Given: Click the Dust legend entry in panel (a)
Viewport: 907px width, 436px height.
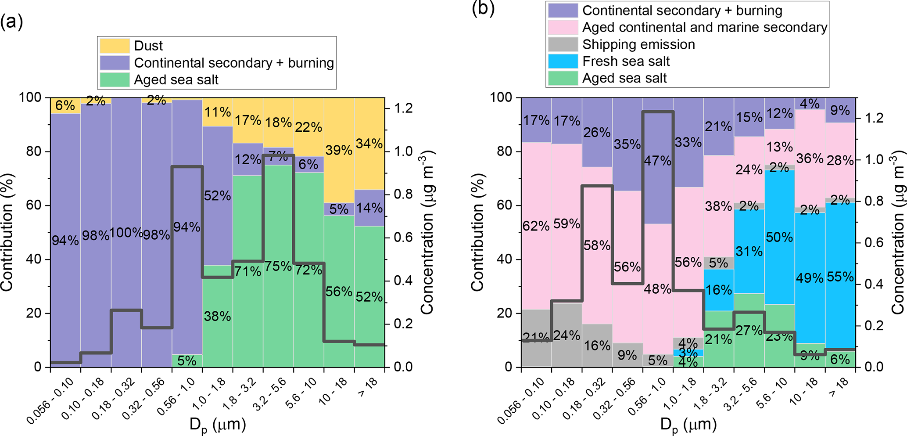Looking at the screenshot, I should [x=148, y=46].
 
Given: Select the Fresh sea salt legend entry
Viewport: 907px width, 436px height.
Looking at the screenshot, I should [x=626, y=61].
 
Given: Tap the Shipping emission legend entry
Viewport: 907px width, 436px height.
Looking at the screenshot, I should [x=638, y=44].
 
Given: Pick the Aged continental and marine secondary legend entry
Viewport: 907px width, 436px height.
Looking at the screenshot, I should [x=704, y=27].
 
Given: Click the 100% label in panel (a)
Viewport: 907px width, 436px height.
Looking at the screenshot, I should [x=126, y=232].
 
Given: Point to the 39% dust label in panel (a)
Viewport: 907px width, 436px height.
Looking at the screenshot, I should [x=339, y=150].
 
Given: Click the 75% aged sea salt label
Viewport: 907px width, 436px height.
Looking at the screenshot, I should [x=278, y=266].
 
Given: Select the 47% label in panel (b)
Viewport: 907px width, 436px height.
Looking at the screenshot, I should [x=657, y=161].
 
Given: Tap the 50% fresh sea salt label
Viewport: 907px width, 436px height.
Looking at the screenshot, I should [x=779, y=238].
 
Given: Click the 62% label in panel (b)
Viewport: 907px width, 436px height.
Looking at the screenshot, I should [x=536, y=226].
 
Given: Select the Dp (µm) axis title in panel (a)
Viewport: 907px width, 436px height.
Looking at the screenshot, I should [x=217, y=425].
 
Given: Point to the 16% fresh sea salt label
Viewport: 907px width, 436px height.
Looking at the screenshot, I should [x=718, y=290].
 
